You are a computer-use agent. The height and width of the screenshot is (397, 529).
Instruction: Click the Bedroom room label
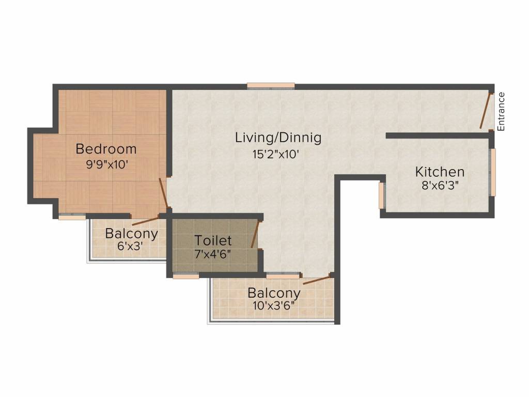click(x=106, y=149)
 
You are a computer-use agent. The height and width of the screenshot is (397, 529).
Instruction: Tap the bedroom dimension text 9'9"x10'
click(x=107, y=165)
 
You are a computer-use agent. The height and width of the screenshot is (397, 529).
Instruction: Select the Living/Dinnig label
click(x=278, y=138)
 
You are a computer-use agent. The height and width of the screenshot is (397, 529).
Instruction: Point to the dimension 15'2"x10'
click(x=276, y=154)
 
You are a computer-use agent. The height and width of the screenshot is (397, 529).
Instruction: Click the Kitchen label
click(x=440, y=172)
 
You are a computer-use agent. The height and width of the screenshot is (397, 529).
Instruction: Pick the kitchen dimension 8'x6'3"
click(x=440, y=186)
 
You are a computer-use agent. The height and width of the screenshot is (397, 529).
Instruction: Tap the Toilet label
click(x=213, y=241)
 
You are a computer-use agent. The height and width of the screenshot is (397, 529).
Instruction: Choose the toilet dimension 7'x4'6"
click(x=212, y=254)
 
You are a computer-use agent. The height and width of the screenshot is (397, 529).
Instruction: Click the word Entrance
click(x=501, y=112)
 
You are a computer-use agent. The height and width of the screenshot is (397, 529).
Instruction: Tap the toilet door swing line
click(x=255, y=234)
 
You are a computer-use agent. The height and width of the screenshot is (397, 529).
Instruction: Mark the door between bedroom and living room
click(x=163, y=193)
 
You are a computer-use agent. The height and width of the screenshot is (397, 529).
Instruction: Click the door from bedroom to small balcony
click(x=145, y=221)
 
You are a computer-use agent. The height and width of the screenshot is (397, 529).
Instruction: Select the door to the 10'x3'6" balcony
click(x=317, y=280)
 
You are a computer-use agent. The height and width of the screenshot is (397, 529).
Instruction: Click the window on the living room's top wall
click(x=271, y=86)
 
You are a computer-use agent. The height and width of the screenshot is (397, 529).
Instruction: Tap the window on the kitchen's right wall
click(x=493, y=172)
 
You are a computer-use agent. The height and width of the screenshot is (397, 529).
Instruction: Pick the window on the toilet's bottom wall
click(x=186, y=276)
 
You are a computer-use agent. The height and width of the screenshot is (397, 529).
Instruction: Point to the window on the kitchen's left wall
click(x=382, y=195)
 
